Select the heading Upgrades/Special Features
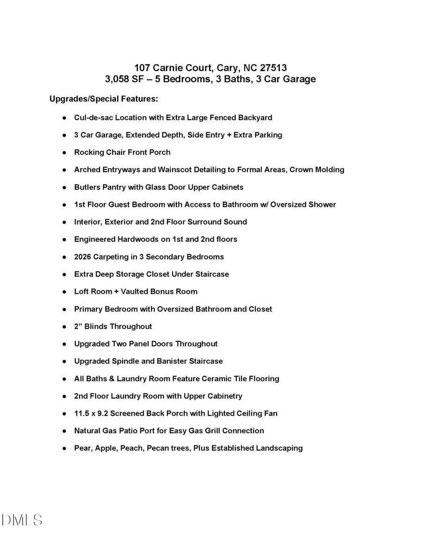(104, 99)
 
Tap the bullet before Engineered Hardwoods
(64, 240)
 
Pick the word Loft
(81, 291)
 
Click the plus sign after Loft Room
(116, 291)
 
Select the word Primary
(88, 309)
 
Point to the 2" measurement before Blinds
(78, 327)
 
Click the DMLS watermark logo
(22, 520)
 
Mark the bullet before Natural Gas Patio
(64, 431)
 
